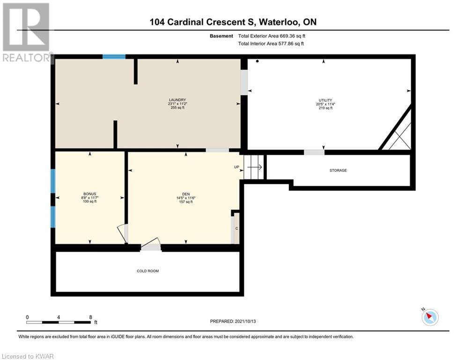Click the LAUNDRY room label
(178, 100)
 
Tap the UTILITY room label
(325, 100)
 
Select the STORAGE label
(338, 171)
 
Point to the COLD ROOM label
(148, 271)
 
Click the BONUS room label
(90, 194)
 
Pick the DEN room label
(186, 194)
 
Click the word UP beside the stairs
(237, 167)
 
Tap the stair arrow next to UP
(255, 167)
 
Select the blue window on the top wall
(114, 57)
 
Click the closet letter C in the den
(237, 228)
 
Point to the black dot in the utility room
(258, 61)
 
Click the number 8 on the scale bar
(91, 317)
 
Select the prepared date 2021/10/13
(245, 321)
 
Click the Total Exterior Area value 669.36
(287, 36)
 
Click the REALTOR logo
(27, 32)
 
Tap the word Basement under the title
(222, 36)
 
